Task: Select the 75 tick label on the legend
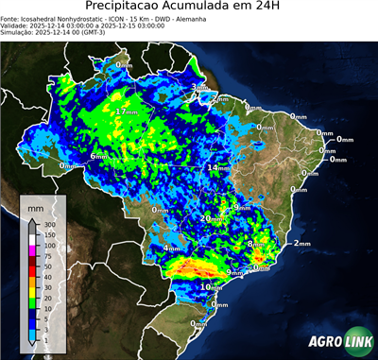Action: (x=49, y=256)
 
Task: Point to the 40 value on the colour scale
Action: (x=49, y=278)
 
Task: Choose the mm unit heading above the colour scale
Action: (x=37, y=205)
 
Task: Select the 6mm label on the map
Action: (x=97, y=156)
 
